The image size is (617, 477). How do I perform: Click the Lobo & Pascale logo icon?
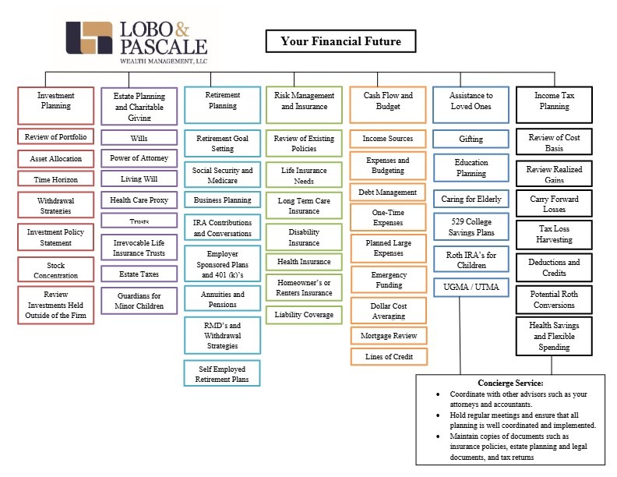(89, 37)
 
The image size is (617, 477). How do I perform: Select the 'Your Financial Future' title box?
(340, 41)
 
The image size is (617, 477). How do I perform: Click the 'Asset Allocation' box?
(56, 158)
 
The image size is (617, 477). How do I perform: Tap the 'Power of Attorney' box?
(139, 158)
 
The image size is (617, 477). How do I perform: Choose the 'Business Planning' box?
(222, 200)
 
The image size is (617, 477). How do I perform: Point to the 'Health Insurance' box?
(304, 262)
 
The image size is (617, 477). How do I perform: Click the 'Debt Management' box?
(388, 192)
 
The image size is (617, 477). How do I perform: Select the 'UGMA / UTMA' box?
(471, 288)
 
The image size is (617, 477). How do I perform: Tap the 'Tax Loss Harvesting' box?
(554, 234)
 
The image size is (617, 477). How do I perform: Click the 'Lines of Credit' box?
(389, 356)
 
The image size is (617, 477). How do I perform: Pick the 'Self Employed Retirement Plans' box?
(222, 373)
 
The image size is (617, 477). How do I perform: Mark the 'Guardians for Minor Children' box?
(139, 301)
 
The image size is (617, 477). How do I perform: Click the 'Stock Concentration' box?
(56, 270)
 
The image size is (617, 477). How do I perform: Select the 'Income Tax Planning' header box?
(554, 104)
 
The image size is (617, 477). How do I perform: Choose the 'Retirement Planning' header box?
(222, 105)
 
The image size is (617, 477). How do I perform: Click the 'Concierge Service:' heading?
(510, 383)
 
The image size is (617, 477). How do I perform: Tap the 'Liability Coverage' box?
(304, 315)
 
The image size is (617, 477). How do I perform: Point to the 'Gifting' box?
(471, 139)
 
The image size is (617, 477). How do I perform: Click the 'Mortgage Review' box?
(389, 336)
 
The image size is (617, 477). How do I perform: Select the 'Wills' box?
(139, 138)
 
